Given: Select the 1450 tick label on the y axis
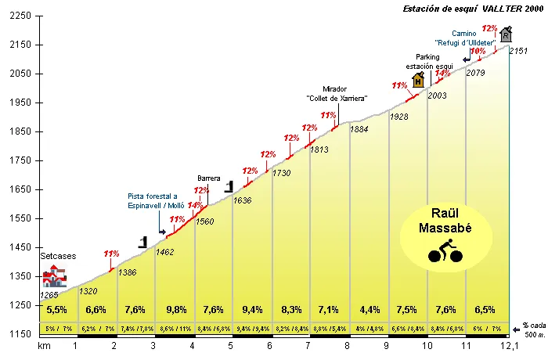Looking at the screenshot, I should (x=20, y=247).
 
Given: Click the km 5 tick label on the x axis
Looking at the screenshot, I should (x=231, y=345).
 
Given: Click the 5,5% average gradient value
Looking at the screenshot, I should (x=57, y=309).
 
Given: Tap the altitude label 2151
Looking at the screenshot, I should (x=518, y=51).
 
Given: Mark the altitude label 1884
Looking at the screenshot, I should (x=359, y=129).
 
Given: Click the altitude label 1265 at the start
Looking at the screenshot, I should (x=49, y=295).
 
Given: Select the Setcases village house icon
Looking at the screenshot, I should (x=53, y=275).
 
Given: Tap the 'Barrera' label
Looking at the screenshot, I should (x=209, y=178).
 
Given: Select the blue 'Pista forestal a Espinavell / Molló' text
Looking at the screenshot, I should (x=153, y=200).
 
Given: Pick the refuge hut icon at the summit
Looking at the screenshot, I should (x=507, y=34).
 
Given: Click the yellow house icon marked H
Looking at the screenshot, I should (x=418, y=80).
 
